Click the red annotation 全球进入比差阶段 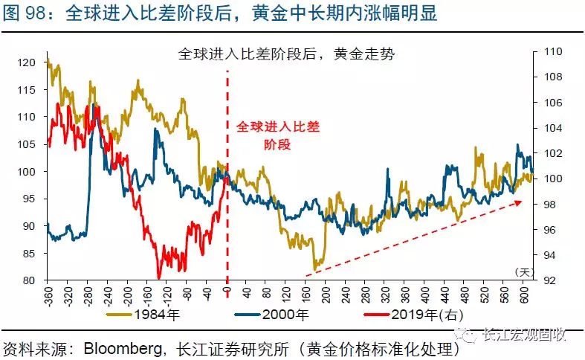pos(277,135)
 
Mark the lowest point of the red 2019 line pos(159,277)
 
